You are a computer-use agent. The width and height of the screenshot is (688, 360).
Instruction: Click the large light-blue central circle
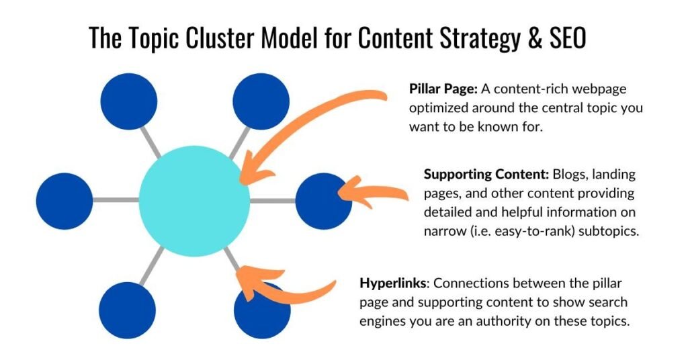194,201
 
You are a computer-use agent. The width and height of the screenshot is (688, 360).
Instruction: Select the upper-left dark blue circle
128,101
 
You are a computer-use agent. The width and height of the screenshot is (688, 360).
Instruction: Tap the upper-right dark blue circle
261,101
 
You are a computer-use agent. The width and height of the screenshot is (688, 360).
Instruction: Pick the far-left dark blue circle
64,201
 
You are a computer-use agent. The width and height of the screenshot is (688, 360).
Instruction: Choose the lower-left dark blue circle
127,310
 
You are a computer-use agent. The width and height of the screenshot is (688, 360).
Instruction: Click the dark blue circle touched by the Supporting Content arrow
323,201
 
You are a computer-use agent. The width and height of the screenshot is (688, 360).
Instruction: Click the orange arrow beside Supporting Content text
373,193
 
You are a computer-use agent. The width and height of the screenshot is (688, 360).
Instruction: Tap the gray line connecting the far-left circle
116,200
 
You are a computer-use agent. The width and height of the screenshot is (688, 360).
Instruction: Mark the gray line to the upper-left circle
151,142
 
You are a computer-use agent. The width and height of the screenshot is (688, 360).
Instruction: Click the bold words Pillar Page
443,89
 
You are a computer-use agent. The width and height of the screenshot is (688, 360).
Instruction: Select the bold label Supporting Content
486,174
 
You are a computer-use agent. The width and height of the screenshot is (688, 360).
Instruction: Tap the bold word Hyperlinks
392,283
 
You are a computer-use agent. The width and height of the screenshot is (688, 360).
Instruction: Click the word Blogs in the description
569,175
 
